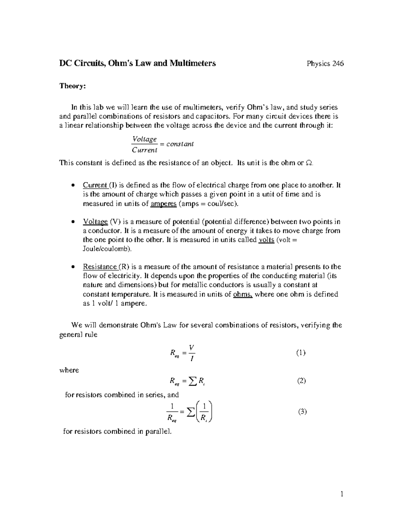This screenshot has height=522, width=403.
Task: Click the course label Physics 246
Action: [325, 64]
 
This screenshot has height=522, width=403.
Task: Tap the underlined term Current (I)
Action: [100, 185]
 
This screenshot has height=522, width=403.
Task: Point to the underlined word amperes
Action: [164, 204]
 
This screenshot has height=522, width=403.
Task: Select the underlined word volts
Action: [266, 240]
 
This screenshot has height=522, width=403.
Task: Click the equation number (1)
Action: [301, 353]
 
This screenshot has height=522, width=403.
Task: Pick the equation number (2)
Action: [301, 381]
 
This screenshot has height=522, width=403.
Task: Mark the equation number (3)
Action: [302, 412]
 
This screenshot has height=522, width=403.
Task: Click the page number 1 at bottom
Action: [342, 494]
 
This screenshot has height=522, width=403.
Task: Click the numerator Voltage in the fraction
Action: [144, 139]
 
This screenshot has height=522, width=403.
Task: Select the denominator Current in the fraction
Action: [144, 150]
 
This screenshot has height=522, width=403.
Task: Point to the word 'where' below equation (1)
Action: [69, 370]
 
